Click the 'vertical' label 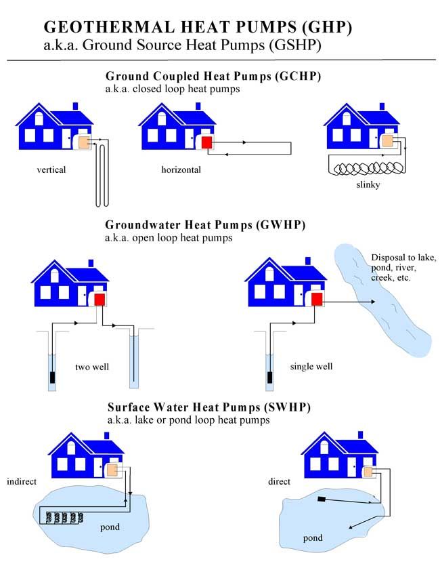tap(51, 169)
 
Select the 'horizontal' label tap(181, 169)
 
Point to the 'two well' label tap(93, 367)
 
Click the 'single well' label tap(311, 367)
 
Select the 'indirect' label tap(21, 482)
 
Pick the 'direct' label tap(279, 482)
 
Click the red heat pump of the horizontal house tap(206, 142)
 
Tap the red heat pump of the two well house tap(100, 300)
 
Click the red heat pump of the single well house tap(317, 299)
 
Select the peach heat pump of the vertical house tap(84, 142)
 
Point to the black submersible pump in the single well tap(269, 377)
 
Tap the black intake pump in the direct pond tap(322, 500)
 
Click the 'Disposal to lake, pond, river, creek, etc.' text tap(403, 268)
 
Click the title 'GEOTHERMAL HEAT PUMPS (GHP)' tap(198, 26)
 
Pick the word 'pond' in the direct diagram tap(313, 538)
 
